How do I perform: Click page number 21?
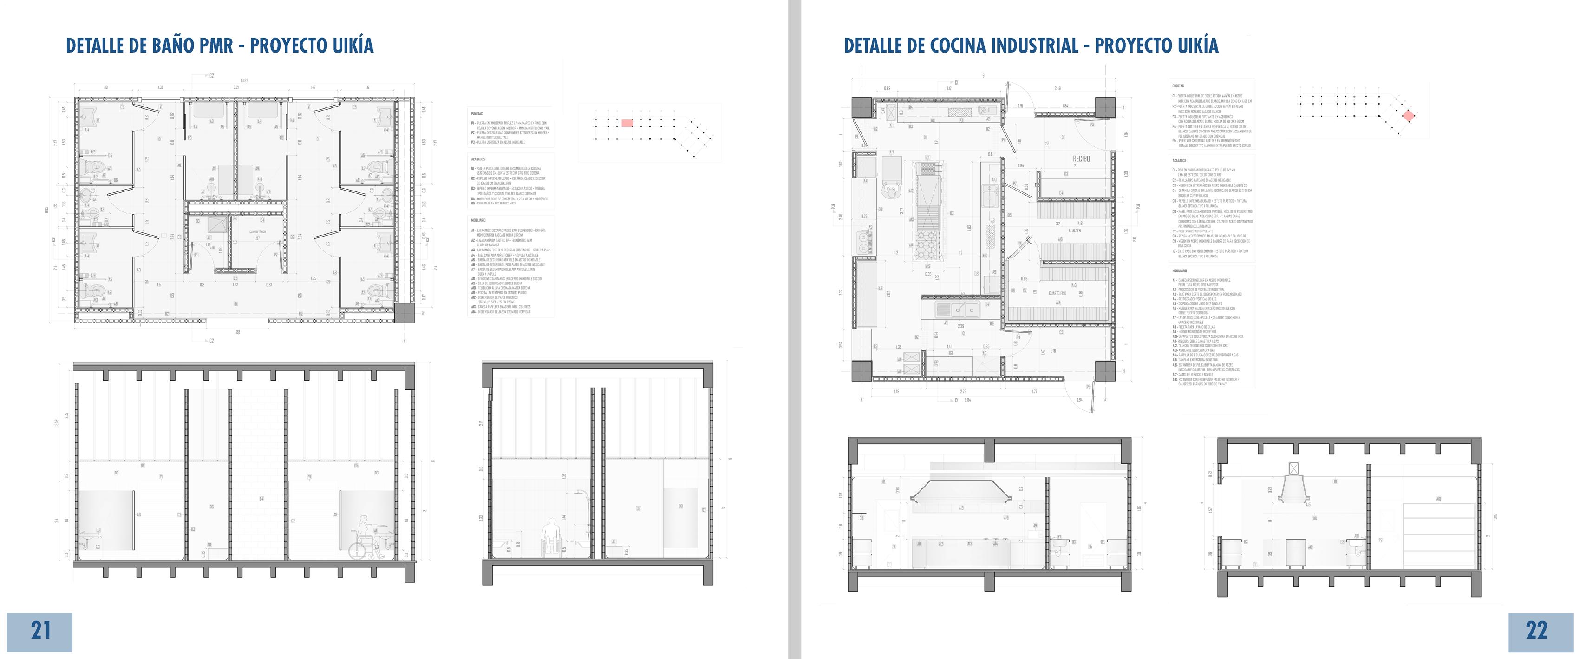[40, 631]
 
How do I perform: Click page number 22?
[1536, 631]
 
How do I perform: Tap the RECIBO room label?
[1081, 158]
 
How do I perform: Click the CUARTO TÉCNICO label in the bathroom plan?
[257, 232]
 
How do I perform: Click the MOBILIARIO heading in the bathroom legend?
[478, 220]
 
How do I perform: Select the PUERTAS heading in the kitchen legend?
[1178, 86]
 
